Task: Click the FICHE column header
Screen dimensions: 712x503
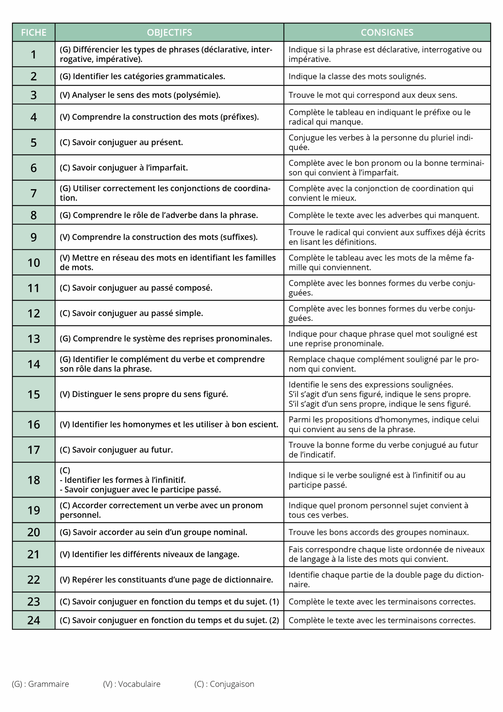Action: point(33,32)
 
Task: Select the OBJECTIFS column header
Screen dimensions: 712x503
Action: point(169,32)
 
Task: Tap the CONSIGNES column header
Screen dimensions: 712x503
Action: point(387,32)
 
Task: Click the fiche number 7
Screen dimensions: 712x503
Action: point(33,193)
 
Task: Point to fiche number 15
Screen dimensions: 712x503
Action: point(33,394)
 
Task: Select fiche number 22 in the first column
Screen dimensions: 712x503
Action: point(33,579)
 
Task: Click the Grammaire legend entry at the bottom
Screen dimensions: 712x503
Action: point(48,684)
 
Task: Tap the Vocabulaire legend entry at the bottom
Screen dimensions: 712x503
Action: point(139,684)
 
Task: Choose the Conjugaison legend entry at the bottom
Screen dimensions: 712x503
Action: point(232,684)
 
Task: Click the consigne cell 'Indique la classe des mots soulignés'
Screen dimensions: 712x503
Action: point(357,76)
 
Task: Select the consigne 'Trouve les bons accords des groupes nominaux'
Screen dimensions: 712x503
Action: point(379,532)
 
